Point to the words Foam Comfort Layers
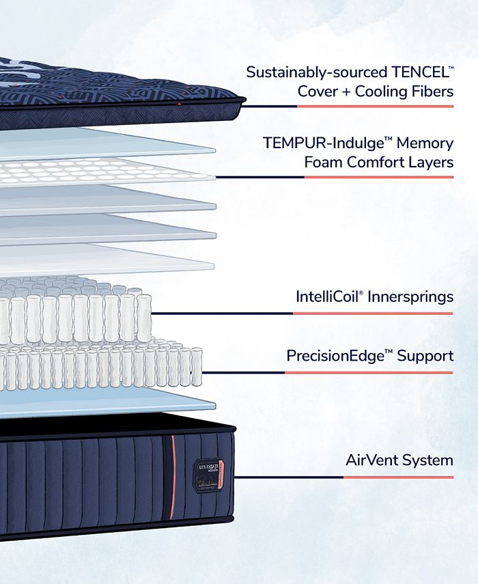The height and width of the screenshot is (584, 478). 379,163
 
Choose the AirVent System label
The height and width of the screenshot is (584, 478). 399,460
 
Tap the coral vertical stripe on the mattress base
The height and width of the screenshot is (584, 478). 172,479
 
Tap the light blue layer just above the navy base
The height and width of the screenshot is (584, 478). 102,403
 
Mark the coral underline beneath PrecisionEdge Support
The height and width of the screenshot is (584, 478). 369,373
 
